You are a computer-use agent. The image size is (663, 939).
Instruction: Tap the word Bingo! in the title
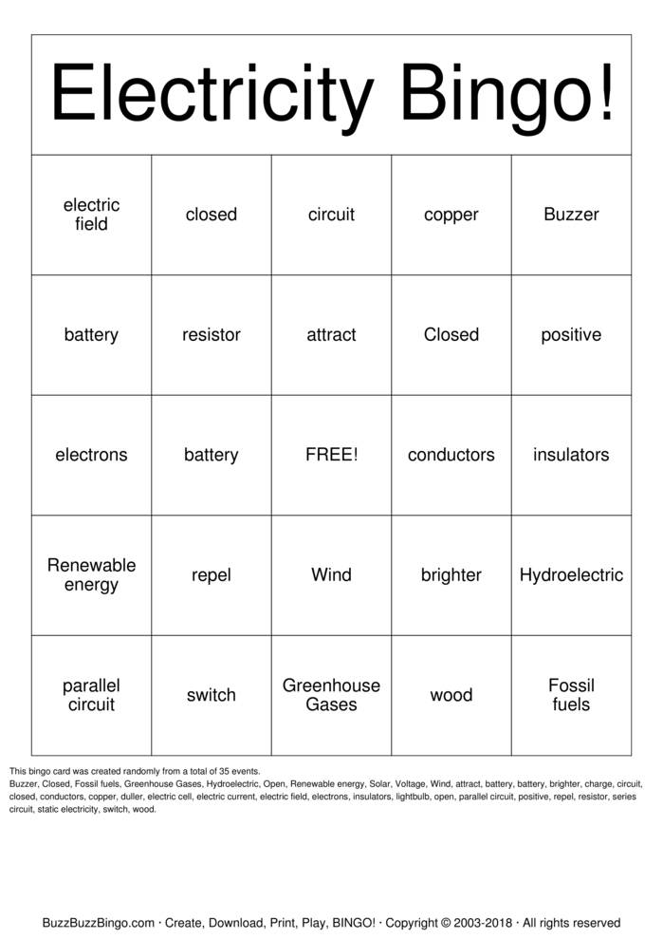(x=506, y=95)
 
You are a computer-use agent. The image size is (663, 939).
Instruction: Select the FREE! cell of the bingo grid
(x=331, y=455)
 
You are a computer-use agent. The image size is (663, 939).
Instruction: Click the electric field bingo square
(x=91, y=215)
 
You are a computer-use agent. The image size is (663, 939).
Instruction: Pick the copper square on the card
(x=451, y=215)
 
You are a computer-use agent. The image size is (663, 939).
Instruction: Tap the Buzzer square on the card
(x=571, y=215)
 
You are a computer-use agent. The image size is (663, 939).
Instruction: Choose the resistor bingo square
(x=212, y=334)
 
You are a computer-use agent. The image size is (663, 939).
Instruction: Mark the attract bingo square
(x=331, y=334)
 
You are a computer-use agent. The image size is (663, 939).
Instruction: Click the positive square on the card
(x=571, y=334)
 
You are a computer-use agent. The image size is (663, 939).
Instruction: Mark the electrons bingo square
(x=91, y=455)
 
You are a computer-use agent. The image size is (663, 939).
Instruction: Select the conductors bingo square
(x=451, y=455)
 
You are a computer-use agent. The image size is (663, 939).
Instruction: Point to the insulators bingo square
(x=571, y=455)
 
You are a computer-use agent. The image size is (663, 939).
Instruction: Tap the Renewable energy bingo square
(x=91, y=574)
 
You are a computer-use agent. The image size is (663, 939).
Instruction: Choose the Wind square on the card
(x=331, y=574)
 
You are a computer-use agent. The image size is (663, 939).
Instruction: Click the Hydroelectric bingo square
(x=571, y=574)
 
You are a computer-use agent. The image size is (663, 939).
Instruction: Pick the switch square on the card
(x=212, y=695)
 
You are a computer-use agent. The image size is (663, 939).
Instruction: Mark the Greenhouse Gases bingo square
(x=331, y=695)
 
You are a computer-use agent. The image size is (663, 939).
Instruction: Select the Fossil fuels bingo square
(x=571, y=695)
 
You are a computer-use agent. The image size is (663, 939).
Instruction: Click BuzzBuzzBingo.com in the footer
(x=99, y=922)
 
